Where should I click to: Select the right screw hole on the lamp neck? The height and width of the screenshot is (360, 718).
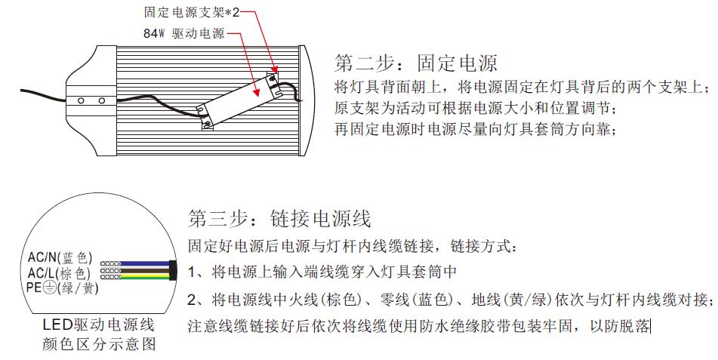point(100,100)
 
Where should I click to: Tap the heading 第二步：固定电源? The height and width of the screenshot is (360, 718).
point(415,62)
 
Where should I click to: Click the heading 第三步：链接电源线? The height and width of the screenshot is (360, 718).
point(279,220)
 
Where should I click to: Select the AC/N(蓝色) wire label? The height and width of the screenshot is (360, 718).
point(60,259)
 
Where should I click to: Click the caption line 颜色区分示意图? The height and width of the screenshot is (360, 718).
point(98,345)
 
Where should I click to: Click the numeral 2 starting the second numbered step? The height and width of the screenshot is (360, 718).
point(193,300)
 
